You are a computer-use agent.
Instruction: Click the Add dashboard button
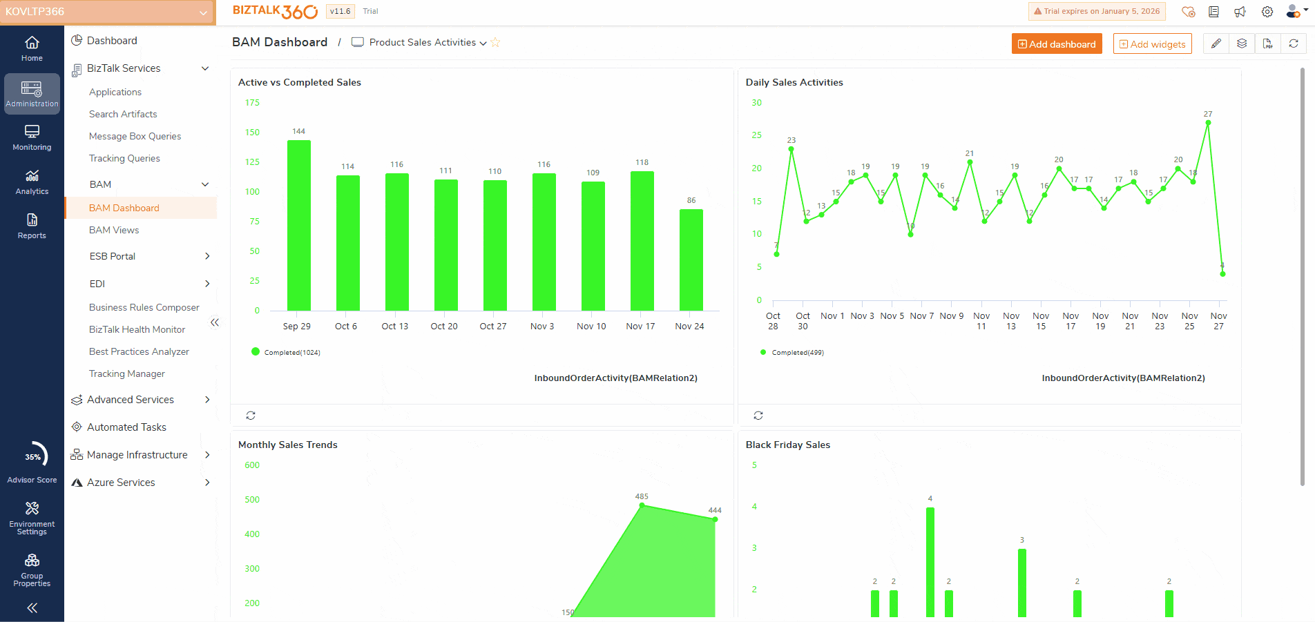[1056, 44]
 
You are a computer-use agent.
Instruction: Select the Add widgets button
[1152, 44]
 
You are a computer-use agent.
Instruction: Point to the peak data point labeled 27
[1208, 123]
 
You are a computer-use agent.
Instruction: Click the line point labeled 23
[791, 149]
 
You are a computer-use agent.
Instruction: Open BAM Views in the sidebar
[114, 230]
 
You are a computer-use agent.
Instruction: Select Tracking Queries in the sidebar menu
[124, 158]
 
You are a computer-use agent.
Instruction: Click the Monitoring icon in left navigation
[32, 137]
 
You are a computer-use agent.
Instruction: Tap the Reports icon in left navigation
[32, 226]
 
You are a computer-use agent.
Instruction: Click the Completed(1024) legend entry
[286, 352]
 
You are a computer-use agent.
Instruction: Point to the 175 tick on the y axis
[252, 103]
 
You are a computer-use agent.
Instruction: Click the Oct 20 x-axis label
[444, 326]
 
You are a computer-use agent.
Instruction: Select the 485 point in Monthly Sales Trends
[642, 505]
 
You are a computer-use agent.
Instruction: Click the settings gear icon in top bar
[1267, 12]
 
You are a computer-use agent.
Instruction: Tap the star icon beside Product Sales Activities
[495, 43]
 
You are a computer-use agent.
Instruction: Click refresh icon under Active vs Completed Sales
[251, 416]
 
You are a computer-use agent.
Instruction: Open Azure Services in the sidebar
[121, 483]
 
